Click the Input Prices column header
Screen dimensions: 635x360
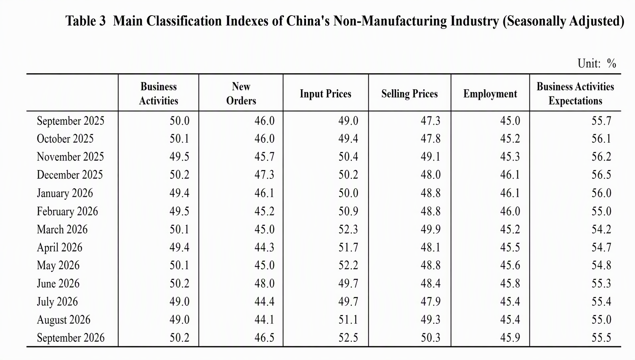(326, 93)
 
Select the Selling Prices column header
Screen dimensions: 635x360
(409, 93)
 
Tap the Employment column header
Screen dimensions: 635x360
(490, 93)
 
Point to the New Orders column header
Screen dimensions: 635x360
(241, 93)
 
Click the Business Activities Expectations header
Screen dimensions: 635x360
(575, 93)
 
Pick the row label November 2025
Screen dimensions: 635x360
(70, 157)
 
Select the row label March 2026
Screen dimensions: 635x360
(62, 229)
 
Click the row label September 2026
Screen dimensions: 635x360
(71, 337)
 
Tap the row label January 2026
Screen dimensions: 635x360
(65, 193)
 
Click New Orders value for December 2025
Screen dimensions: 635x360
(264, 175)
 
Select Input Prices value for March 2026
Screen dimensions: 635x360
(348, 229)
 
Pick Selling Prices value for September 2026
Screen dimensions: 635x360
(430, 337)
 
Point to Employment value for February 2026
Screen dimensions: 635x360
(510, 211)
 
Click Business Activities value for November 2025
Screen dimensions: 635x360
(179, 157)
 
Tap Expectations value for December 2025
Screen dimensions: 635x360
(601, 175)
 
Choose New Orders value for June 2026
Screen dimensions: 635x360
(264, 283)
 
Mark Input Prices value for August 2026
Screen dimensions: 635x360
(348, 320)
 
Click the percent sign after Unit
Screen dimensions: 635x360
(611, 63)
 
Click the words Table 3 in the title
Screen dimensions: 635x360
(85, 21)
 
